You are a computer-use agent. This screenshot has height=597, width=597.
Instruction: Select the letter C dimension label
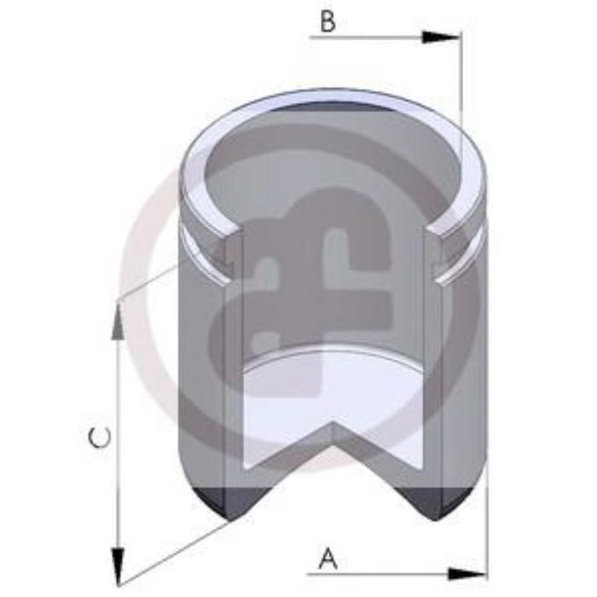[x=100, y=439]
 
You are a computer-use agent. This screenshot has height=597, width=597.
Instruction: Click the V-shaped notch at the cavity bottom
[x=333, y=426]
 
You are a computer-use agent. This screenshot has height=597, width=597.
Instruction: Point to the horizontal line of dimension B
[x=367, y=37]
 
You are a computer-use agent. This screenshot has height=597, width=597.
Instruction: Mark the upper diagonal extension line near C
[x=149, y=281]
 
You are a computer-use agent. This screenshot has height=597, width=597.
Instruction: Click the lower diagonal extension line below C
[x=171, y=550]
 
